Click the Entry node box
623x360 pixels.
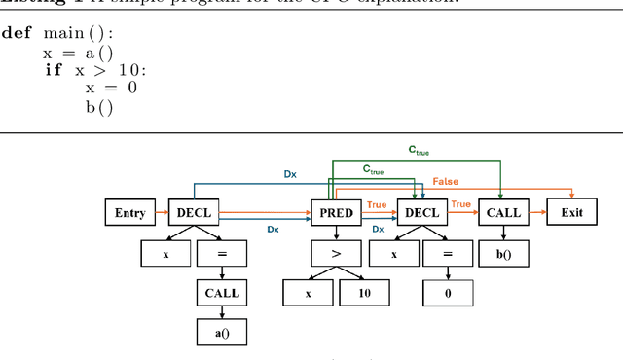[x=129, y=213]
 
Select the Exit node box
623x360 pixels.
[x=571, y=213]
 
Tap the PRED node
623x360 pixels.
[x=336, y=213]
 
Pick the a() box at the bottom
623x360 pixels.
[x=221, y=331]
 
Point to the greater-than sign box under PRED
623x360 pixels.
[x=336, y=253]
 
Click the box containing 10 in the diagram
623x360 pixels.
[x=364, y=292]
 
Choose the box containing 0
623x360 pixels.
[x=449, y=292]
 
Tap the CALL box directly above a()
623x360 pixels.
[x=221, y=292]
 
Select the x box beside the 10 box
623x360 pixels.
[x=309, y=292]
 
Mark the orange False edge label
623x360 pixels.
[x=445, y=182]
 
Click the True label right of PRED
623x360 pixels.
[x=377, y=205]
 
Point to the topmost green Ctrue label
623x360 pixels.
[x=419, y=151]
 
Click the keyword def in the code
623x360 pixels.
[x=17, y=32]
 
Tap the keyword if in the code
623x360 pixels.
[x=55, y=70]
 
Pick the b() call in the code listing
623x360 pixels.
[x=98, y=107]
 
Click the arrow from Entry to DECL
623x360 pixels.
[x=162, y=213]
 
